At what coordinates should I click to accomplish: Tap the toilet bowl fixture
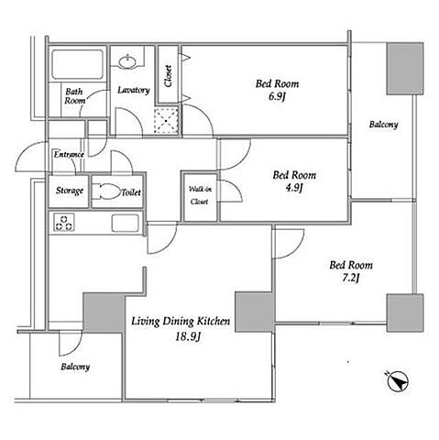pos(106,192)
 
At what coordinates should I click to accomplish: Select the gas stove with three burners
pos(64,223)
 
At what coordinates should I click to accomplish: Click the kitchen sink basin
pos(126,223)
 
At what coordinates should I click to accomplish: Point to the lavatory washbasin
pos(127,62)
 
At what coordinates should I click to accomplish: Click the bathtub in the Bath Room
pos(77,64)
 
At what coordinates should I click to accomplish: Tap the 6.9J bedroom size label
pos(277,97)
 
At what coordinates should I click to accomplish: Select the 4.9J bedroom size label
pos(293,188)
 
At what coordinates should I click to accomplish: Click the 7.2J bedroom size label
pos(350,278)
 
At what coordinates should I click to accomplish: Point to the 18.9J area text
pos(188,336)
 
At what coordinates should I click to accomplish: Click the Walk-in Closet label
pos(200,195)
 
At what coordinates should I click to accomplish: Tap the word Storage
pos(70,191)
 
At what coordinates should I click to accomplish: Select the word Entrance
pos(69,155)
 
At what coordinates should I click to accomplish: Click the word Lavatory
pos(134,90)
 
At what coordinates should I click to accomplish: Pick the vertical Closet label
pos(169,76)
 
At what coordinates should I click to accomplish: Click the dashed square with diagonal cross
pos(166,121)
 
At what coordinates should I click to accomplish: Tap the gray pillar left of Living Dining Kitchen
pos(104,313)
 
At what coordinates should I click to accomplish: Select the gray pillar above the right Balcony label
pos(405,69)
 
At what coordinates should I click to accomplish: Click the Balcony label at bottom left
pos(75,367)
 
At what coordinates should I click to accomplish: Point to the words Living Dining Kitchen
pos(181,322)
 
